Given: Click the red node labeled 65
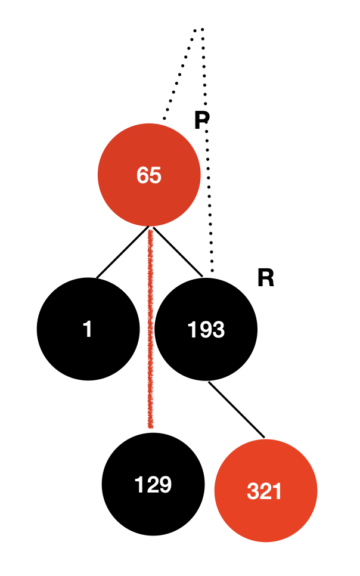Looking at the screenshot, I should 149,174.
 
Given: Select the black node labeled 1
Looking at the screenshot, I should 88,329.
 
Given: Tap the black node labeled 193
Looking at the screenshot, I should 206,329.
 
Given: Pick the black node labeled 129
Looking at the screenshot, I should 153,484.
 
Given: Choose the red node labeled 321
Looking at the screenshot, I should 265,491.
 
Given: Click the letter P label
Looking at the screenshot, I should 202,120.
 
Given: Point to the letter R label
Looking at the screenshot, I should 265,278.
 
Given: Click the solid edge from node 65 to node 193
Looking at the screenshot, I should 178,252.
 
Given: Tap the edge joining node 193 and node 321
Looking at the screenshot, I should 236,410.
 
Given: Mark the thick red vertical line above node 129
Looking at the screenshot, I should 150,328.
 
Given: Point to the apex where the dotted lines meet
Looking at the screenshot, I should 200,28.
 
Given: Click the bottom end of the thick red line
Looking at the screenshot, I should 150,426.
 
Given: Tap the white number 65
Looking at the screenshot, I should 149,175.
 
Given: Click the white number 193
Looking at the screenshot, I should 206,329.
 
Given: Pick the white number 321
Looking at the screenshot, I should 264,492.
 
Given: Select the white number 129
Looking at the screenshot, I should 153,485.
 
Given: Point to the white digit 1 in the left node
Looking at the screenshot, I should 88,329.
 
